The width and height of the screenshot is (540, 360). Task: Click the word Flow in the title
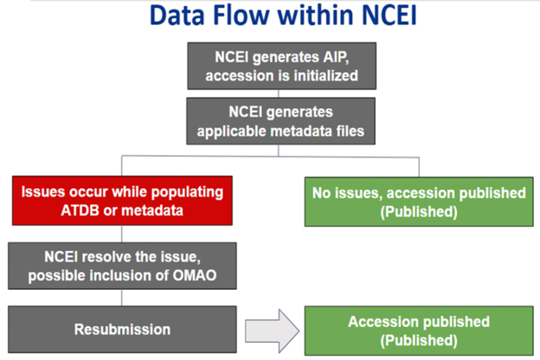pos(241,16)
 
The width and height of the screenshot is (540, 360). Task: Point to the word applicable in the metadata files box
pos(231,132)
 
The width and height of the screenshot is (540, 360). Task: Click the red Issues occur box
pos(122,201)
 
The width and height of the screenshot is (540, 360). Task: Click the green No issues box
pos(419,202)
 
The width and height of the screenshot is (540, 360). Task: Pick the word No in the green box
pos(321,193)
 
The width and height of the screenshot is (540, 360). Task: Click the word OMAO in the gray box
pos(195,275)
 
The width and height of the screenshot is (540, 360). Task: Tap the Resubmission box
pos(122,330)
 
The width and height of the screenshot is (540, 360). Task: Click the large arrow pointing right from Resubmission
pos(272,331)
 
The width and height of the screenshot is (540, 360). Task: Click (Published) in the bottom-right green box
pos(419,340)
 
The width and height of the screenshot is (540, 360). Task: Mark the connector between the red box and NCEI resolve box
pos(121,234)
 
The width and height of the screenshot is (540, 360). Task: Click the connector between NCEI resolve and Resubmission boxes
pos(121,298)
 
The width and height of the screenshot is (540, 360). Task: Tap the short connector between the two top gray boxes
pos(279,93)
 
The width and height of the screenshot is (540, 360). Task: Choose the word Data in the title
pos(177,16)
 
